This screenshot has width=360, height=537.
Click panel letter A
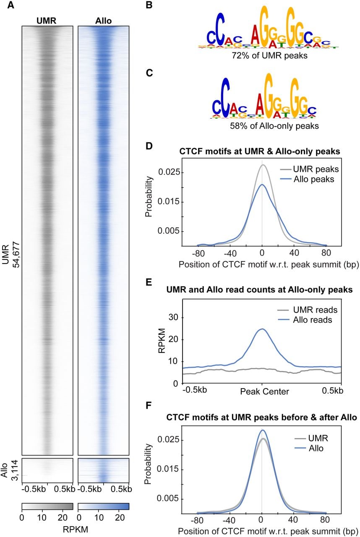(10, 5)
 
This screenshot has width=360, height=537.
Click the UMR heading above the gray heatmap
(47, 21)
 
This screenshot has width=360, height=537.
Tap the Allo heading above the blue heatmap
(103, 21)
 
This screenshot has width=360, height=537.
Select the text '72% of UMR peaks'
(269, 56)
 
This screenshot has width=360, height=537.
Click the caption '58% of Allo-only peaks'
(274, 126)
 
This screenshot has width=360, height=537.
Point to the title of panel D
(260, 151)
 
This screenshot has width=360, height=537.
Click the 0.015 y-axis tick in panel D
(169, 202)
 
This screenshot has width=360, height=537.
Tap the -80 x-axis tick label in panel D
(198, 253)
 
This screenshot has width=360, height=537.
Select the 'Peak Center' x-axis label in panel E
(265, 392)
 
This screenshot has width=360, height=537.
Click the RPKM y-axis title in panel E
(162, 341)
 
